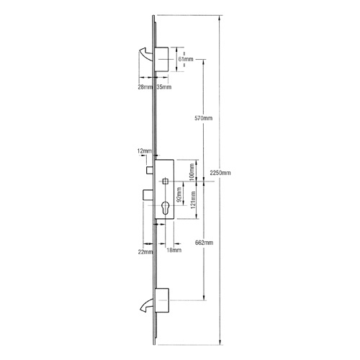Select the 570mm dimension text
(204, 117)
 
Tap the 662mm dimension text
(204, 243)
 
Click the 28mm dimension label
(145, 87)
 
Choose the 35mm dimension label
(164, 87)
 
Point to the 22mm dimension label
(147, 251)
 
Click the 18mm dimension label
(173, 251)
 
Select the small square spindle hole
(166, 180)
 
